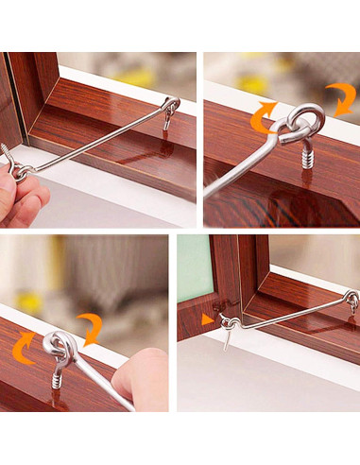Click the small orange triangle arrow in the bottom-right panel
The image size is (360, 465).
207,319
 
